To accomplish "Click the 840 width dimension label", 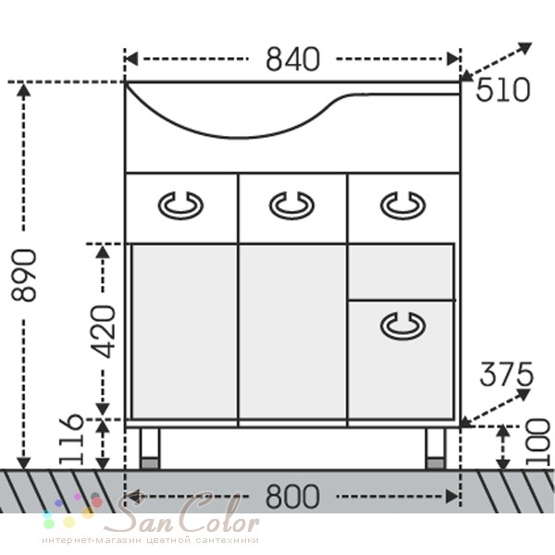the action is click(x=292, y=59).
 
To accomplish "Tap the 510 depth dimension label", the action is click(x=503, y=90).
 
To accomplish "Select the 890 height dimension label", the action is click(x=24, y=276).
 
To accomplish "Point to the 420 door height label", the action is click(x=103, y=332).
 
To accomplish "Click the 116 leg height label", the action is click(x=71, y=439).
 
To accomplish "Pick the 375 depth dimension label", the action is click(x=506, y=374).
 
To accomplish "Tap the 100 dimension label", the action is click(x=538, y=441).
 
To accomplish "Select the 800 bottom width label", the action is click(x=292, y=497).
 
